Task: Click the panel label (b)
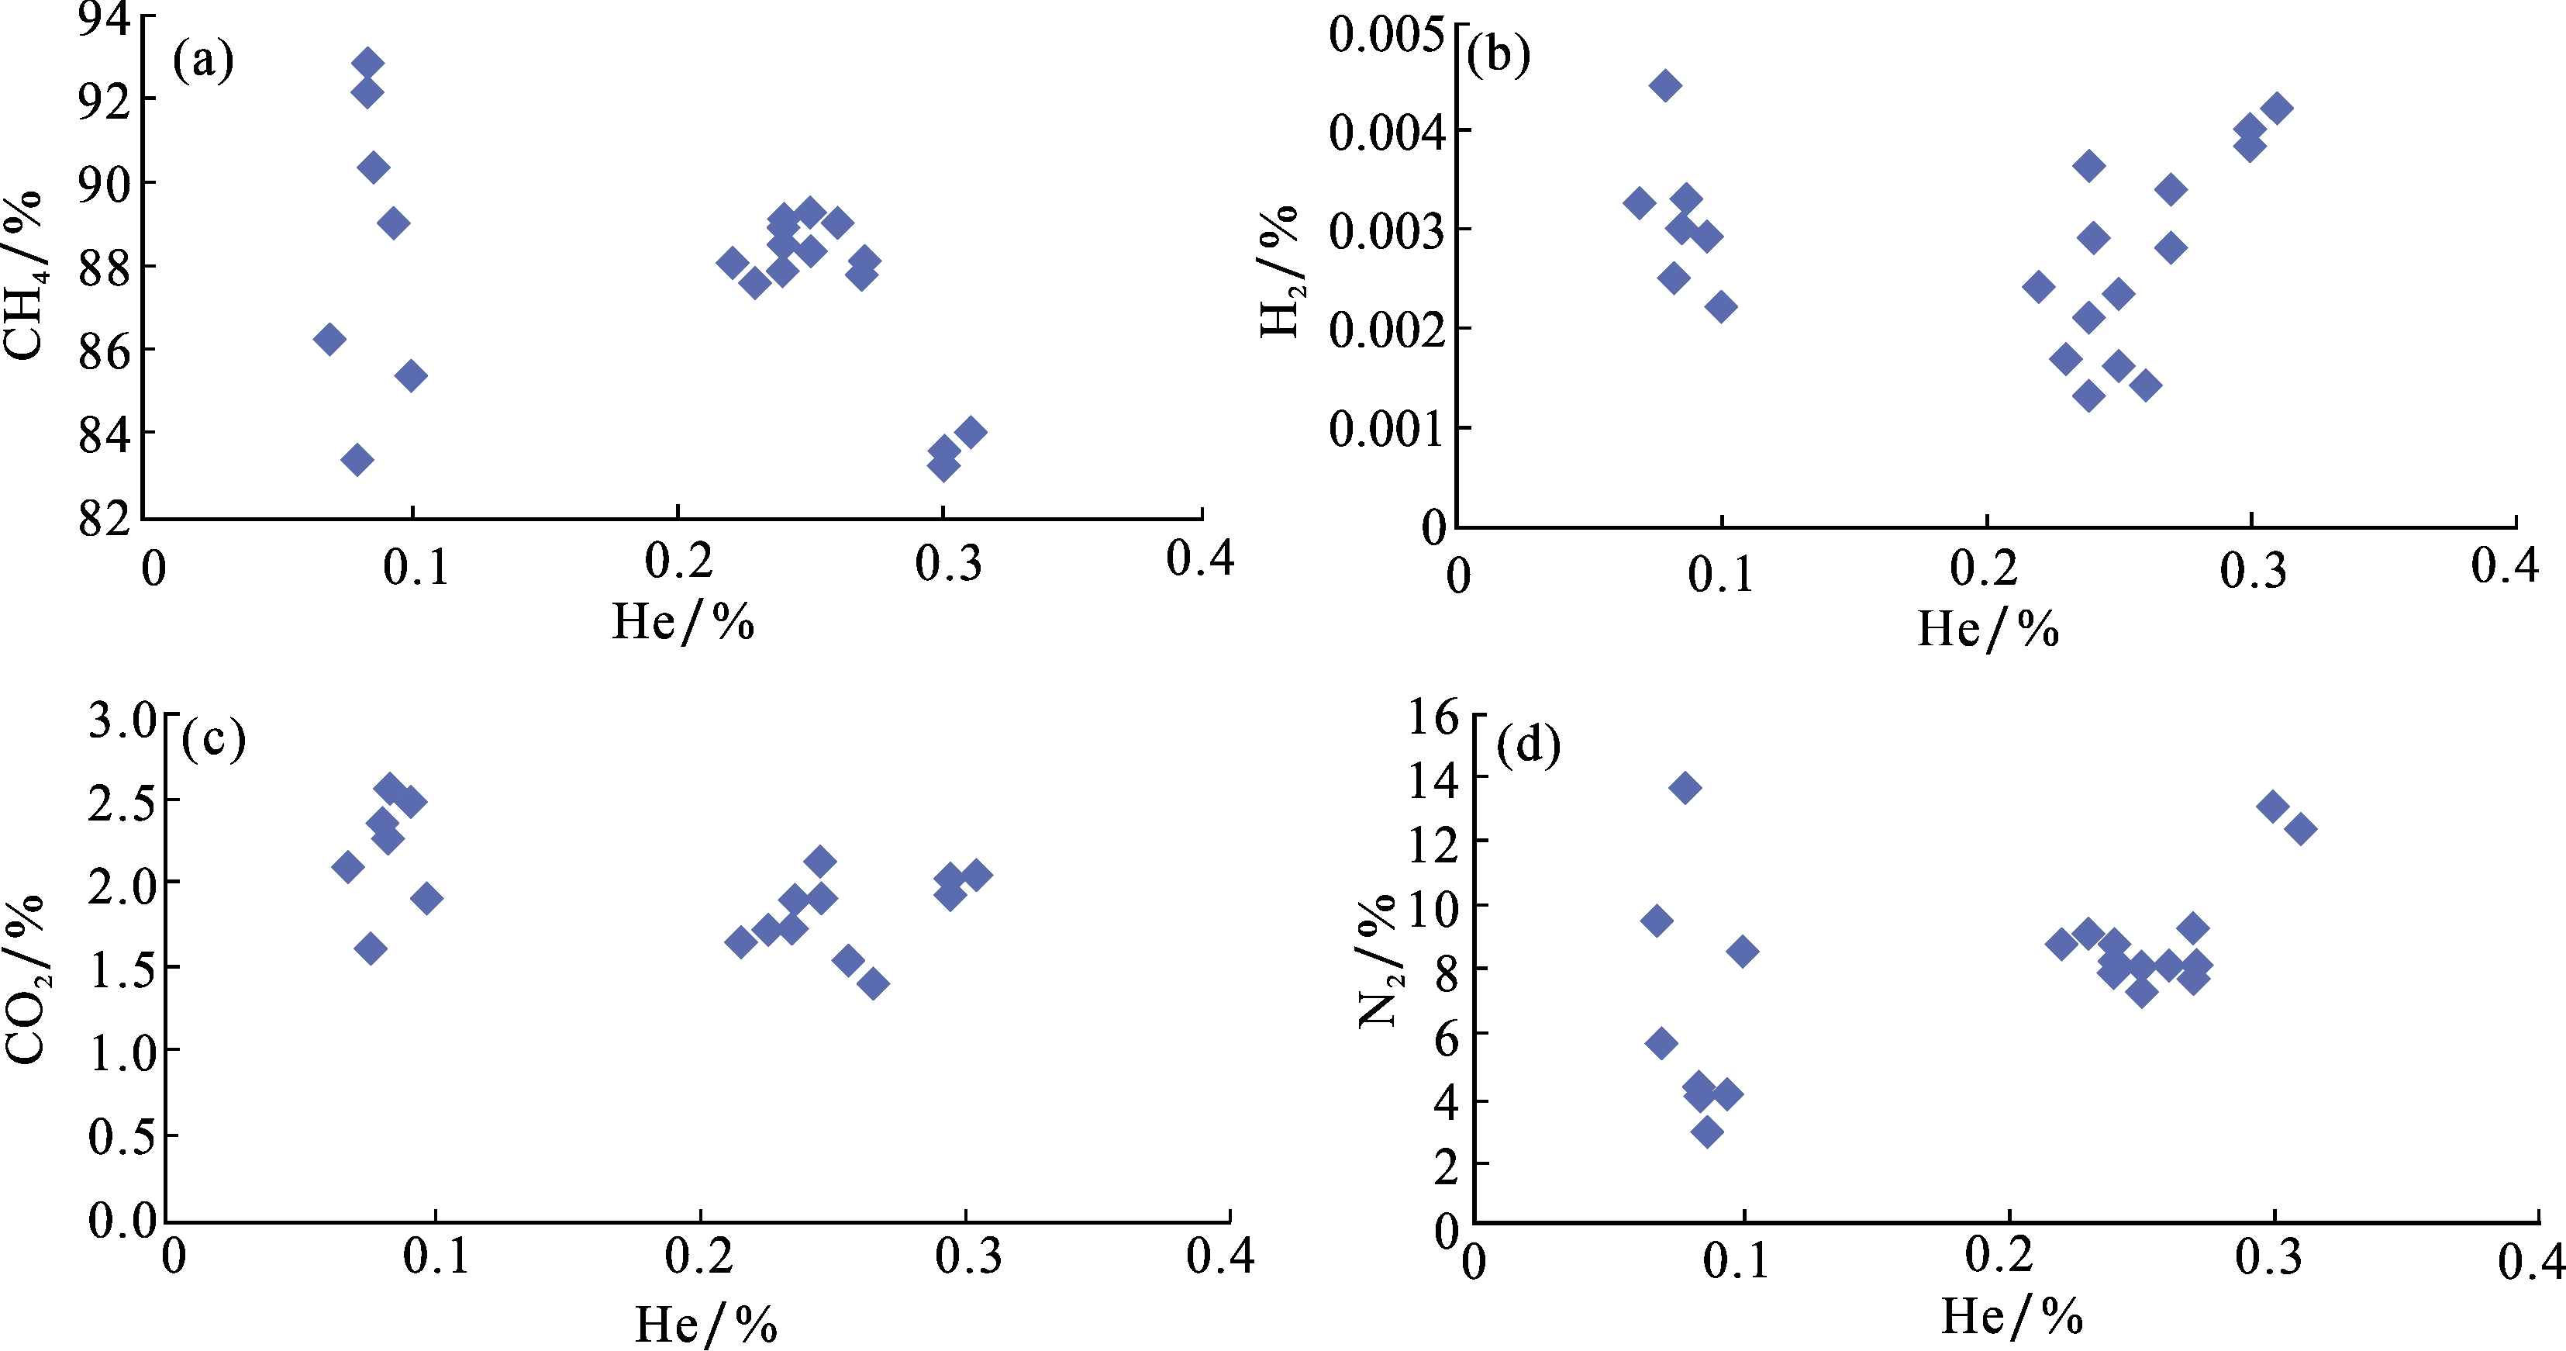pos(1499,56)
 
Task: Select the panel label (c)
pos(214,739)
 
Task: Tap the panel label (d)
pos(1528,745)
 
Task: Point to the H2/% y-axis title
pos(1281,271)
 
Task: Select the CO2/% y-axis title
pos(25,980)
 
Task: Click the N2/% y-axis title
pos(1381,960)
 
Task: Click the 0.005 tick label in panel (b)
pos(1385,34)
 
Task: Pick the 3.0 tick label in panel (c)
pos(122,720)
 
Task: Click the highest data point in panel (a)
pos(367,63)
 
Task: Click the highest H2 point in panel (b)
pos(1664,85)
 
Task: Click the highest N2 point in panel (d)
pos(1685,788)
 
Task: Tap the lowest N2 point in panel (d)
pos(1707,1132)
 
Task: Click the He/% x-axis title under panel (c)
pos(706,1324)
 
